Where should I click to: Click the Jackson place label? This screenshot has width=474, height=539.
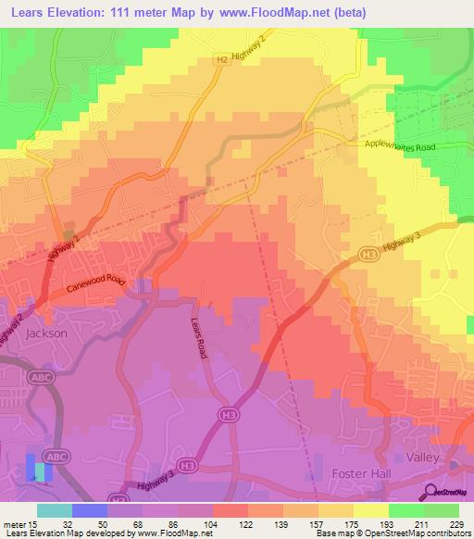pyautogui.click(x=46, y=332)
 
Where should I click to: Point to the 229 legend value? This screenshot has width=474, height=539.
pyautogui.click(x=455, y=525)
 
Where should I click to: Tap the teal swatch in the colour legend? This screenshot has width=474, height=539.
pyautogui.click(x=54, y=510)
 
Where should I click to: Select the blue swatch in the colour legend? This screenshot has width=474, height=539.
pyautogui.click(x=89, y=510)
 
